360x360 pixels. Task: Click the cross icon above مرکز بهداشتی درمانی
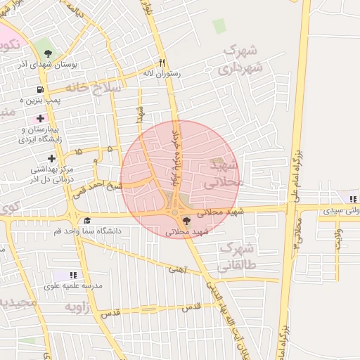[x=51, y=158]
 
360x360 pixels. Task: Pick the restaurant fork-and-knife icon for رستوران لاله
[x=162, y=62]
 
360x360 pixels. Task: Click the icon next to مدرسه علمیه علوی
[x=73, y=275]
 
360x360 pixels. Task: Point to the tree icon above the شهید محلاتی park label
[x=186, y=221]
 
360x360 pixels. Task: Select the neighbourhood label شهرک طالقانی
[x=237, y=257]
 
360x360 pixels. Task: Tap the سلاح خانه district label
[x=94, y=87]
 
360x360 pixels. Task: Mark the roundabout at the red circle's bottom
[x=174, y=212]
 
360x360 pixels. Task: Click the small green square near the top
[x=220, y=26]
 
